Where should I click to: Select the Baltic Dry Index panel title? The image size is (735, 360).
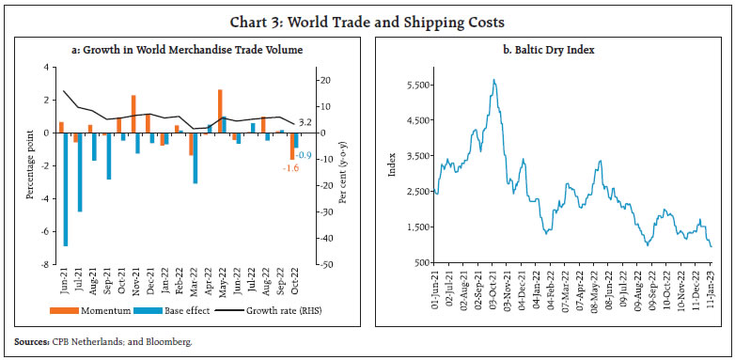tap(548, 49)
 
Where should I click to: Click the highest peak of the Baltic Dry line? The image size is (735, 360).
tap(493, 80)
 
